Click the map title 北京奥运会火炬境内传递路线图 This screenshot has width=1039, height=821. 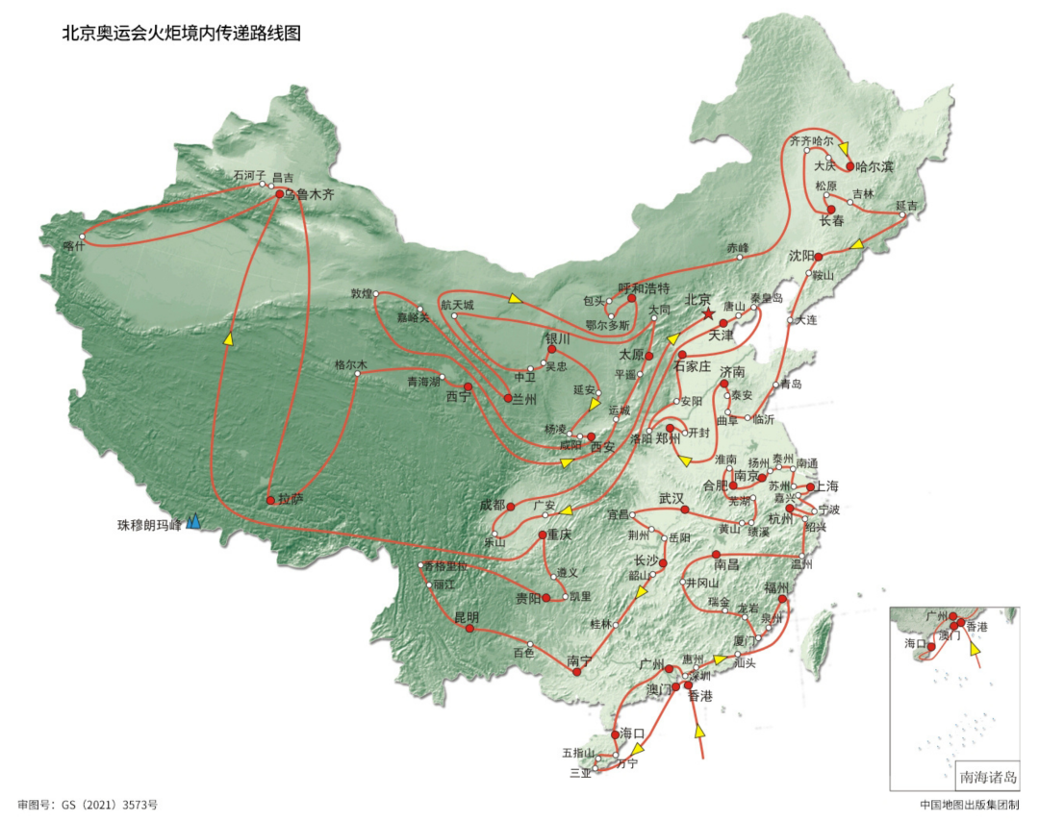182,34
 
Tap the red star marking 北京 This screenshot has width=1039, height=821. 708,314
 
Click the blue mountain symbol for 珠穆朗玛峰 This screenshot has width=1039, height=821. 193,521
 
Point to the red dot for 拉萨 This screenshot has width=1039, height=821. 270,500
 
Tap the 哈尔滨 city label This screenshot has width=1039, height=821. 874,167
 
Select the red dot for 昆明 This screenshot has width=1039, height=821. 469,629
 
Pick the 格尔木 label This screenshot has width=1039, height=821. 351,365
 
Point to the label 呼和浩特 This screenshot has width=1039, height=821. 644,287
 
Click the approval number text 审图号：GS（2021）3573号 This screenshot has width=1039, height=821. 88,803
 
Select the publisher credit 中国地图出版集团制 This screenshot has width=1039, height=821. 966,803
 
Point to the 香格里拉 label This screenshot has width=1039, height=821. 444,566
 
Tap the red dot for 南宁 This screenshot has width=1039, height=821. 577,672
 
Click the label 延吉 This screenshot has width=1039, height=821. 906,206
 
